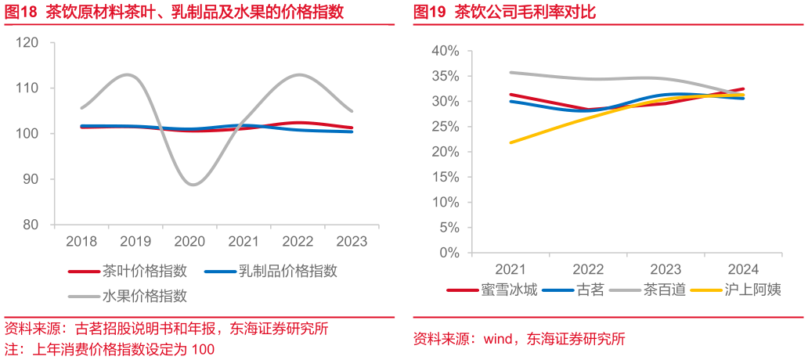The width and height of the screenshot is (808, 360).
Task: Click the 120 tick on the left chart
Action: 28,43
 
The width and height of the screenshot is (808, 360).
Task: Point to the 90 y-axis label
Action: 31,179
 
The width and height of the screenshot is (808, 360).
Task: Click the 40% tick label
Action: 445,51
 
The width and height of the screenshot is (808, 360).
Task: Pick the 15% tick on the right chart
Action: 445,177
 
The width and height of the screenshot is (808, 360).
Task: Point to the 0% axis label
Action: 449,253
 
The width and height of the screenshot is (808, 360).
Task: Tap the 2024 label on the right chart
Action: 742,269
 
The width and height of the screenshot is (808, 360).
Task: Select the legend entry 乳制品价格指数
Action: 271,270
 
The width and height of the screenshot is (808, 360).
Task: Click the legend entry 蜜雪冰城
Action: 492,290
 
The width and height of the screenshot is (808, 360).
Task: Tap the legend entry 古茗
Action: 572,290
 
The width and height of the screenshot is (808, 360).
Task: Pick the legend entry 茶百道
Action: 647,290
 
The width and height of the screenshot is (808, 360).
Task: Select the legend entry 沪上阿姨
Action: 737,290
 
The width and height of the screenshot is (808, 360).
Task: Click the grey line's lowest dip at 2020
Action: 193,185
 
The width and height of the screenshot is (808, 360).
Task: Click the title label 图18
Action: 21,13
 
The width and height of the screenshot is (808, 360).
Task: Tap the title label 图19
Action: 431,13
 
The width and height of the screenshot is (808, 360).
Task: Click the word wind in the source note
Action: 500,339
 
